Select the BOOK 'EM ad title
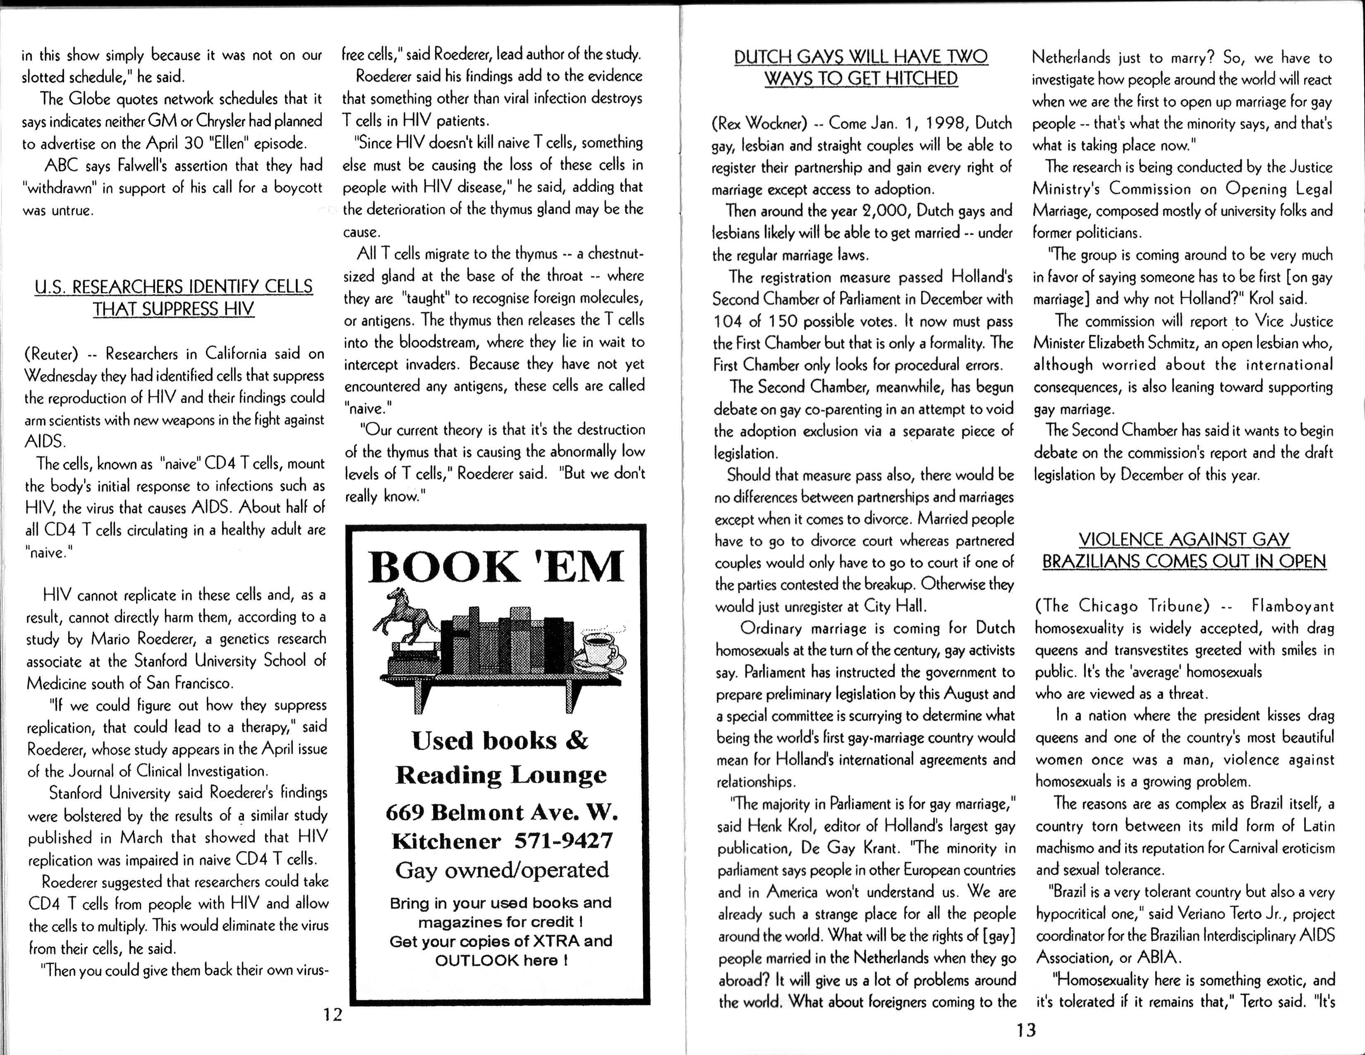click(496, 567)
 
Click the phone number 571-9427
click(563, 841)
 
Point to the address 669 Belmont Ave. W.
click(501, 812)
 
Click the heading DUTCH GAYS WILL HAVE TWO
click(861, 57)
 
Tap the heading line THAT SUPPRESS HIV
click(173, 309)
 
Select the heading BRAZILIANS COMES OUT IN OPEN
click(1184, 561)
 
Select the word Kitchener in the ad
click(446, 841)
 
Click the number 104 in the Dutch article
click(727, 321)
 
